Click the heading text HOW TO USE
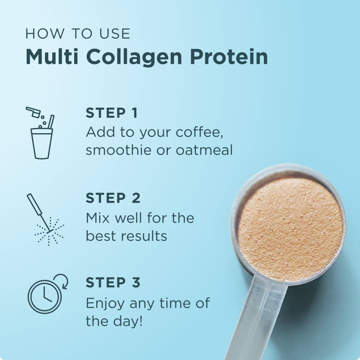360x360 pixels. [x=77, y=34]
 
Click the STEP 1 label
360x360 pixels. [x=111, y=113]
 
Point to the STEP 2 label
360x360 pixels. [x=112, y=198]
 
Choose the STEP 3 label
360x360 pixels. [x=112, y=282]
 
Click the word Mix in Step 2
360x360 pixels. [x=97, y=218]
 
